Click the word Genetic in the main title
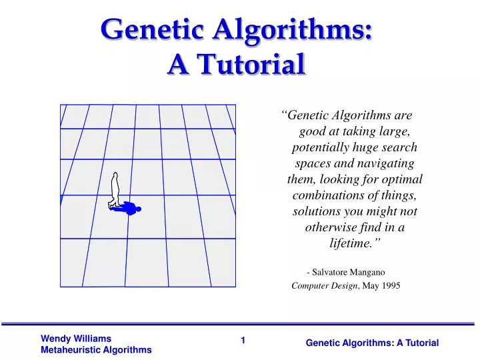coord(152,29)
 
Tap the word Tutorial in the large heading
coord(251,64)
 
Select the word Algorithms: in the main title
coord(293,31)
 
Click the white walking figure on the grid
coord(115,191)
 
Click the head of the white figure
coord(115,175)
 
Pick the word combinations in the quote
coord(327,195)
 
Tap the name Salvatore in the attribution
coord(330,272)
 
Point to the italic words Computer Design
coord(325,286)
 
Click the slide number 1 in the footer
coord(243,341)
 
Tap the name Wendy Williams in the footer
coord(76,339)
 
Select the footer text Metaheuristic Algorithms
coord(96,350)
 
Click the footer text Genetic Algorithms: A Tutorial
coord(372,343)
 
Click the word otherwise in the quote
coord(331,227)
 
